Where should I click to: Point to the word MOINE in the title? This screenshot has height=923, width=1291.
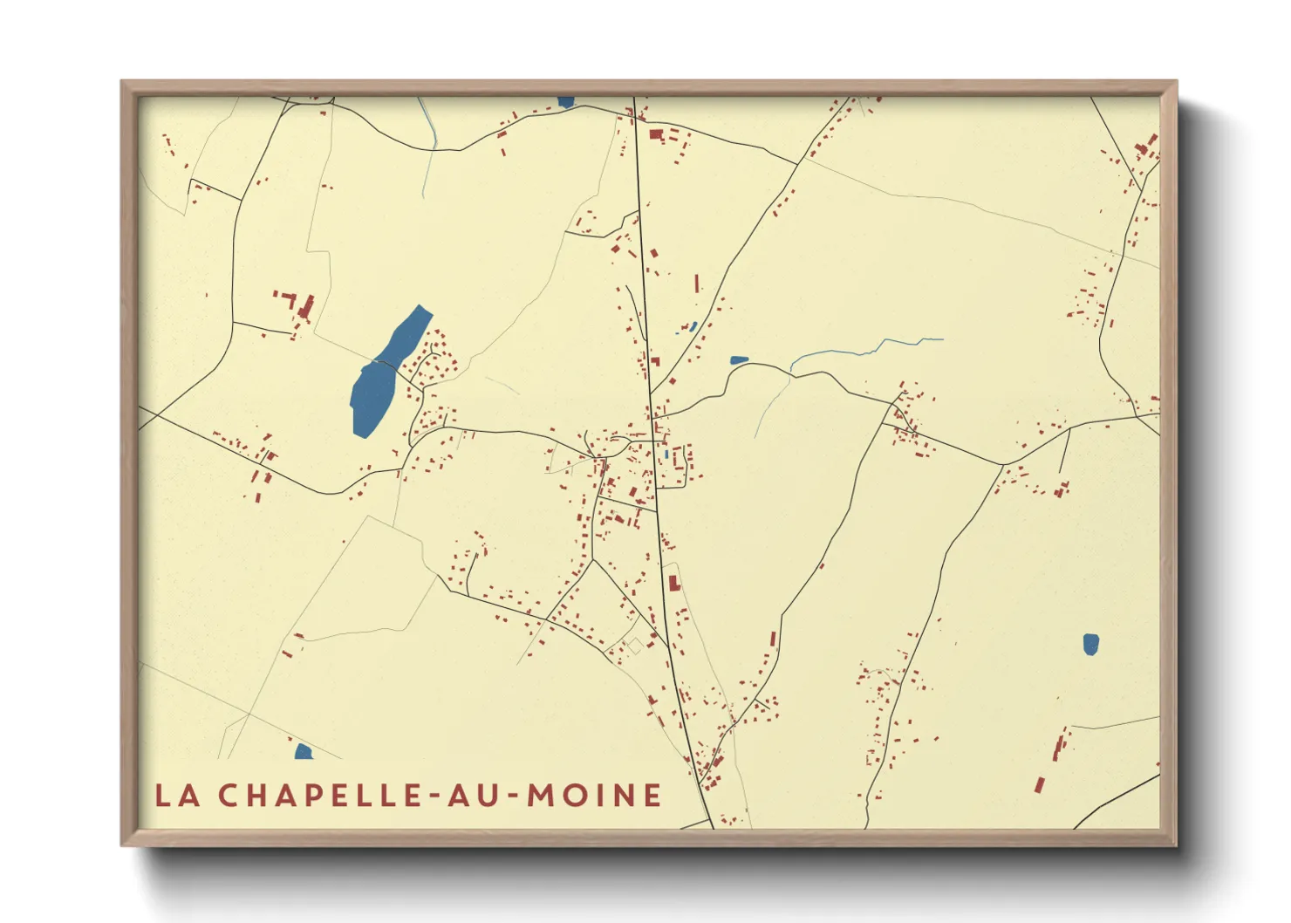click(595, 796)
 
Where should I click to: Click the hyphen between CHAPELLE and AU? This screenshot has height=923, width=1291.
click(434, 797)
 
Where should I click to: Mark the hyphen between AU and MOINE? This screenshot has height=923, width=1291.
click(512, 797)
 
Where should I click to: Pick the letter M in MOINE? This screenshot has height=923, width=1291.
click(541, 796)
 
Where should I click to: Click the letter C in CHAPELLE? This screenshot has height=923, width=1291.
click(229, 796)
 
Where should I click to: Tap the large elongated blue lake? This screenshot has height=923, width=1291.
click(384, 371)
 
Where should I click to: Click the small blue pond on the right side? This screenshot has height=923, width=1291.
click(1090, 644)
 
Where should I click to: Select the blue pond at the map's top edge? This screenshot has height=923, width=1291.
click(565, 102)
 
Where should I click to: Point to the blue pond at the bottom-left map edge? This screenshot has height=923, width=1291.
click(303, 751)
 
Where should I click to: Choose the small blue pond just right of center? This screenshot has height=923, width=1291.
click(738, 359)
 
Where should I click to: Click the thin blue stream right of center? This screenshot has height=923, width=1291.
click(864, 350)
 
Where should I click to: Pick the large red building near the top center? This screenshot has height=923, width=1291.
click(657, 135)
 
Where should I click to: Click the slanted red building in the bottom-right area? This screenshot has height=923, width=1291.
click(1039, 784)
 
